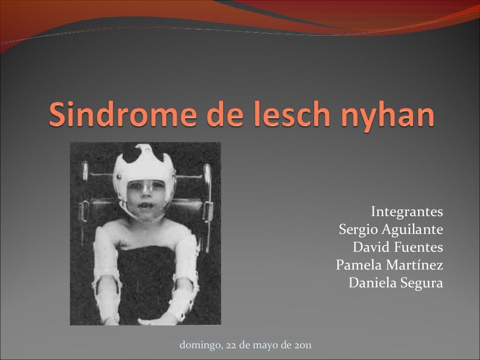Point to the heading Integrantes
(407, 212)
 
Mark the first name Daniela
(370, 283)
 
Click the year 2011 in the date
(303, 346)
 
